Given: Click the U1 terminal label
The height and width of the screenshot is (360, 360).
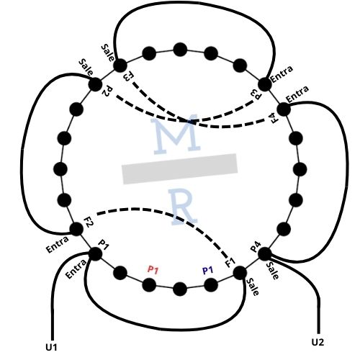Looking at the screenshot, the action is coord(51,347).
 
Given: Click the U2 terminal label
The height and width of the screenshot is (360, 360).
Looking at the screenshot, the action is coord(318,342).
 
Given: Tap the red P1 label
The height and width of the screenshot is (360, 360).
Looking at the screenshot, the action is coord(153,270).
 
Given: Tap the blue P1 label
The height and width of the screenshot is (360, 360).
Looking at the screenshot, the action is coord(208,270).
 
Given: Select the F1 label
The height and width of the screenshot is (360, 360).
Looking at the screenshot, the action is coord(230,262).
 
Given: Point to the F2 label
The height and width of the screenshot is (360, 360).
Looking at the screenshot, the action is coord(89,222).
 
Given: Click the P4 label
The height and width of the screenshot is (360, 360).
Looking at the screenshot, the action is coord(256,247).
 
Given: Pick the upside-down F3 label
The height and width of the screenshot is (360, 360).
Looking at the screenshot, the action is coord(128,76).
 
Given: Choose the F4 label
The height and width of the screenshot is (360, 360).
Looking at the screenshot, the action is coord(274,119).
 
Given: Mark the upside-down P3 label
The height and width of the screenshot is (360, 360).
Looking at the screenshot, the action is coord(256,95).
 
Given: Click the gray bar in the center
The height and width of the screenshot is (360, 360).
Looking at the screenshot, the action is coord(180,168).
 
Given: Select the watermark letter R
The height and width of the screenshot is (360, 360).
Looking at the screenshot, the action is coord(183,207).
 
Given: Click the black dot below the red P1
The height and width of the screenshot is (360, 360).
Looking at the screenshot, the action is coord(149,285).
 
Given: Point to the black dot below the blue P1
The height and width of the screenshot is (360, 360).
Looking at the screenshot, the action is coord(211,285).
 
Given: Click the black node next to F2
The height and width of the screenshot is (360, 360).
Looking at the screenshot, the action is coord(76,229).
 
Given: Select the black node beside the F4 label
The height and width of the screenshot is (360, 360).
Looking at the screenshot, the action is coord(284,109).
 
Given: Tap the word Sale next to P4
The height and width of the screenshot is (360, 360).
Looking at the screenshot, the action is coord(273,271).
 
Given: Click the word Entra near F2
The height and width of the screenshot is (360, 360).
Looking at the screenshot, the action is coord(58,244).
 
